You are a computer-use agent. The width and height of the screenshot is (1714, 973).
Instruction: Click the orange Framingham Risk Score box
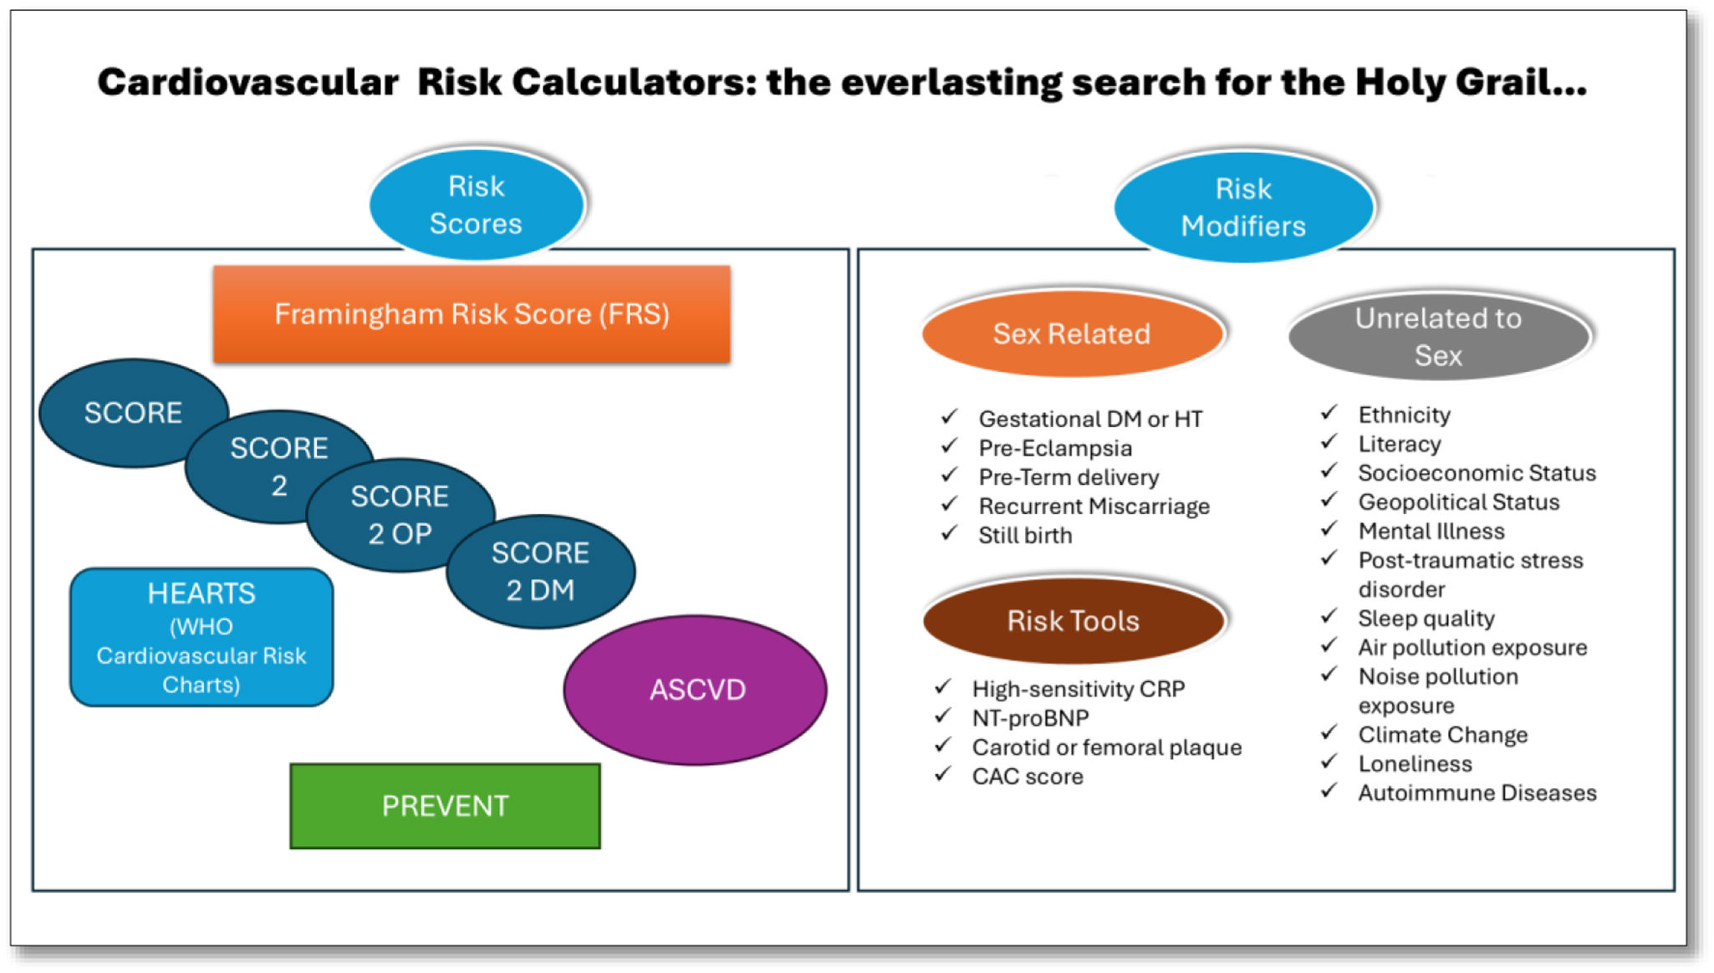(472, 314)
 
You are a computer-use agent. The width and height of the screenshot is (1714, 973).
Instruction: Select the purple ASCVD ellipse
(696, 690)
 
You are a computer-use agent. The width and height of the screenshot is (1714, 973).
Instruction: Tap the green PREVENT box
(445, 806)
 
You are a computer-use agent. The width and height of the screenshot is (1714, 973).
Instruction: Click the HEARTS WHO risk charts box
(201, 638)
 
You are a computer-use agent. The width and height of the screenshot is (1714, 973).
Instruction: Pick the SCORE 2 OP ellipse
(400, 515)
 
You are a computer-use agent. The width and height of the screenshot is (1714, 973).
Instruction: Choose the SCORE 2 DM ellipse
(541, 572)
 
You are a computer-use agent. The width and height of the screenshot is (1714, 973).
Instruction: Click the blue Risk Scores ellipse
(477, 205)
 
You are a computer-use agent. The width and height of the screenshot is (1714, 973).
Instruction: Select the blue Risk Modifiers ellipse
(1243, 207)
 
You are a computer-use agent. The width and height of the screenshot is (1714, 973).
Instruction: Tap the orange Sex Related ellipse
(1072, 334)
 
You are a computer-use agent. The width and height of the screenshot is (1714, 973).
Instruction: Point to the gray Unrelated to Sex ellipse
(1438, 336)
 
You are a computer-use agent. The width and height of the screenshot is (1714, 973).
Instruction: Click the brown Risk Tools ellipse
(1074, 620)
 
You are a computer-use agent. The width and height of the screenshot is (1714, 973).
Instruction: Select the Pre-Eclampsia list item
(1055, 448)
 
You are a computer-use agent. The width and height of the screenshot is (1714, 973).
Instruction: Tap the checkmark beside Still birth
(949, 532)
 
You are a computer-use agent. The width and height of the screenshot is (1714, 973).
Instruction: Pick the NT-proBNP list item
(1030, 718)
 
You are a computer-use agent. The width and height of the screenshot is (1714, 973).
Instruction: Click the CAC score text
(1028, 777)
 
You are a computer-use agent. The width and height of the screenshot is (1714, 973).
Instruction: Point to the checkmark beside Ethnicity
(1329, 412)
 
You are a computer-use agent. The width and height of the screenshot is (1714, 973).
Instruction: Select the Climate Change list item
(1442, 735)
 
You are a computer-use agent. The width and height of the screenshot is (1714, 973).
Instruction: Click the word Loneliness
(1415, 764)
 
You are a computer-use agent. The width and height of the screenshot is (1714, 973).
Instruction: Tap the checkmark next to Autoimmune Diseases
(1329, 790)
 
